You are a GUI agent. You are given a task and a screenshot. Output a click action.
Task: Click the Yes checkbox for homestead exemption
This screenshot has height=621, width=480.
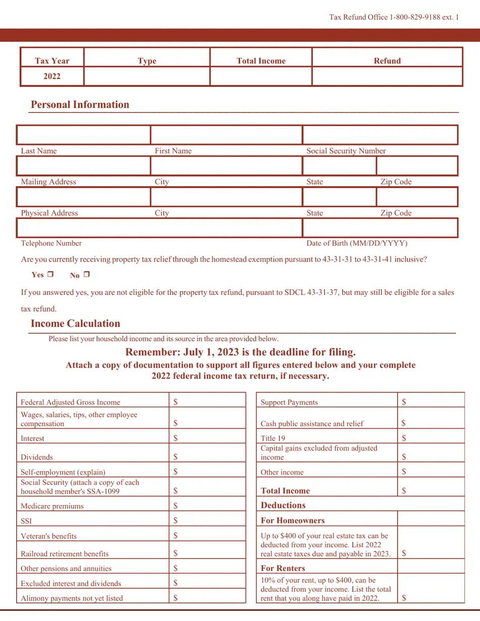click(x=50, y=275)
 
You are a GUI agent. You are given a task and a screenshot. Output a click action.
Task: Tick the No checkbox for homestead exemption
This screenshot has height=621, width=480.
click(x=86, y=275)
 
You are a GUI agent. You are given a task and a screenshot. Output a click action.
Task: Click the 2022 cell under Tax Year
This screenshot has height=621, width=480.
click(x=52, y=76)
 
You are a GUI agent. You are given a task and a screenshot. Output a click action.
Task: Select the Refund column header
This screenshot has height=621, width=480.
click(x=387, y=61)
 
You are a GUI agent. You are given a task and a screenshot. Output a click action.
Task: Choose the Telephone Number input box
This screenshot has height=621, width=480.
click(x=159, y=228)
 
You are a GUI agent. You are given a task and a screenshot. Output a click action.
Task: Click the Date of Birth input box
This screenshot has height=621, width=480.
click(x=380, y=228)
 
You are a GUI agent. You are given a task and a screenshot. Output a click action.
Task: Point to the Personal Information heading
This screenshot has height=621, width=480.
click(x=80, y=105)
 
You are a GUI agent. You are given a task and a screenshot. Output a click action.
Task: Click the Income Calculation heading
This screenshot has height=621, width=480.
click(x=75, y=324)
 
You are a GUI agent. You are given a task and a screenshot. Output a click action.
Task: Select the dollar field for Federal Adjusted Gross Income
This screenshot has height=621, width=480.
click(x=207, y=402)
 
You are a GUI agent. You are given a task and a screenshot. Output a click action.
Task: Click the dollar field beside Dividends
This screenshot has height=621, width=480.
click(x=207, y=456)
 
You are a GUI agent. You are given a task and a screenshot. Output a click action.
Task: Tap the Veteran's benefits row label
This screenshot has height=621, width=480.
click(x=49, y=536)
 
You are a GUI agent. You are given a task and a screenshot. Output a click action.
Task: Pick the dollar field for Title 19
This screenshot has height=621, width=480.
click(x=431, y=438)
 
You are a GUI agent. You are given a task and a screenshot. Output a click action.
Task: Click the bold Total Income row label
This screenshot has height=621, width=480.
click(x=285, y=491)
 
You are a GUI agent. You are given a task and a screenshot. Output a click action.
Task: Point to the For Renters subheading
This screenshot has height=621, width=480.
click(x=283, y=568)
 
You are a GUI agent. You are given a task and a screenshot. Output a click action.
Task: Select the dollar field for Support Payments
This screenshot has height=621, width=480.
click(x=431, y=402)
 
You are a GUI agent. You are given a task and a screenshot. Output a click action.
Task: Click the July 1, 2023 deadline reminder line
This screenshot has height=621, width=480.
click(x=241, y=352)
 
